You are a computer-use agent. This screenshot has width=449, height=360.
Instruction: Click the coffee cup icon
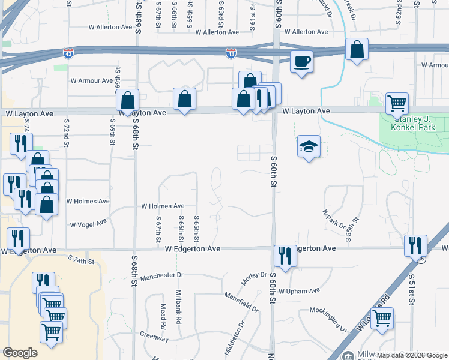(301, 61)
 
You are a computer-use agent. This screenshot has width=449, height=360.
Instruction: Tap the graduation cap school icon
(309, 147)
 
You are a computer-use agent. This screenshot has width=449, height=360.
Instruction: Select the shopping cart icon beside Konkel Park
(397, 103)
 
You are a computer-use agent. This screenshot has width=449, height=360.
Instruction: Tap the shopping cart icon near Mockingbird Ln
(382, 318)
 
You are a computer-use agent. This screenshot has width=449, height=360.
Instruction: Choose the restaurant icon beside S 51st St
(415, 245)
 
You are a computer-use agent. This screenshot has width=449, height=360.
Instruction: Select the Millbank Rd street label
(179, 307)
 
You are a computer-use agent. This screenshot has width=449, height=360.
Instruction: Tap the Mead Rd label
(163, 316)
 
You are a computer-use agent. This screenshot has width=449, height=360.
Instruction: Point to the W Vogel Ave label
(89, 223)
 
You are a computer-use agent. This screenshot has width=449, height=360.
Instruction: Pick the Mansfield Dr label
(241, 302)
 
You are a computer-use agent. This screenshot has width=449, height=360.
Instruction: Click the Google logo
(20, 353)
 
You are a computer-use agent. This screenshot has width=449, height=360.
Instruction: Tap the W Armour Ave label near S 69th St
(91, 80)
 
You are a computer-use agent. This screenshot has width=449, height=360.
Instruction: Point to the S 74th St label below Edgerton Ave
(82, 260)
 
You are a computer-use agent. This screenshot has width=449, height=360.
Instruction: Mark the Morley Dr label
(253, 278)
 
